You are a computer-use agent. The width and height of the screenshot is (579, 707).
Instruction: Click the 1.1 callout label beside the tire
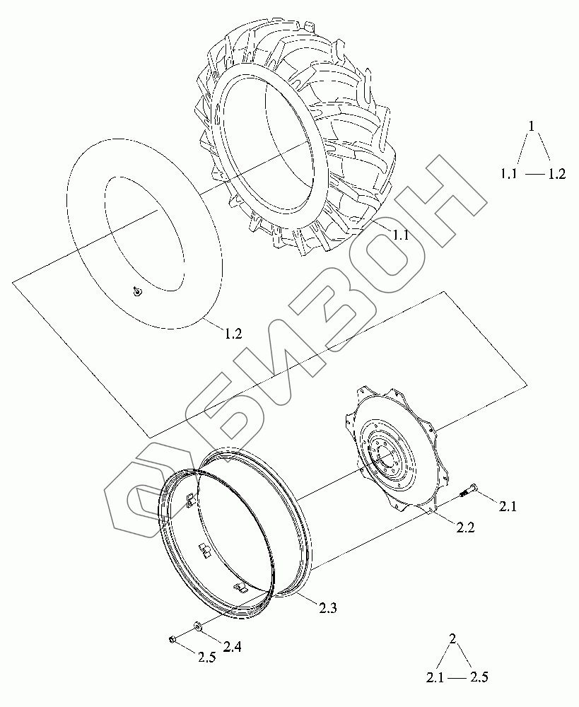pyautogui.click(x=400, y=235)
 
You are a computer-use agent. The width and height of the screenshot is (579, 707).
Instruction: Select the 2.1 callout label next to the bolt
pyautogui.click(x=508, y=507)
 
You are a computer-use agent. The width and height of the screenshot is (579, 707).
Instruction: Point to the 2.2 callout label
pyautogui.click(x=465, y=527)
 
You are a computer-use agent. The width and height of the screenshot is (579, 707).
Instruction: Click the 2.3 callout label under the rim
pyautogui.click(x=327, y=608)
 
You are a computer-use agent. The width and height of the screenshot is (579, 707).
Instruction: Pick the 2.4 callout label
pyautogui.click(x=232, y=647)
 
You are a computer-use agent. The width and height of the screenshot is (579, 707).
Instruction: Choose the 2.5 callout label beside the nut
pyautogui.click(x=207, y=657)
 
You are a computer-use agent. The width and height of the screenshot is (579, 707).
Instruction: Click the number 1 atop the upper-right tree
pyautogui.click(x=531, y=126)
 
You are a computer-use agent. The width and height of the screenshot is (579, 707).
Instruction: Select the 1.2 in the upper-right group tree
pyautogui.click(x=556, y=174)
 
